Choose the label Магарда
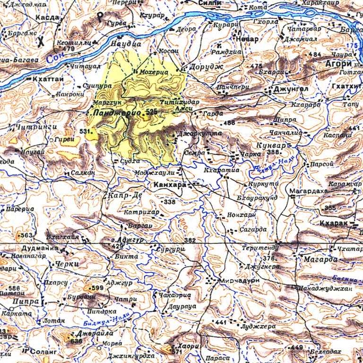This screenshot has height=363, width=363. (320, 259)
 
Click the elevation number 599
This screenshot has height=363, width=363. (97, 288)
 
